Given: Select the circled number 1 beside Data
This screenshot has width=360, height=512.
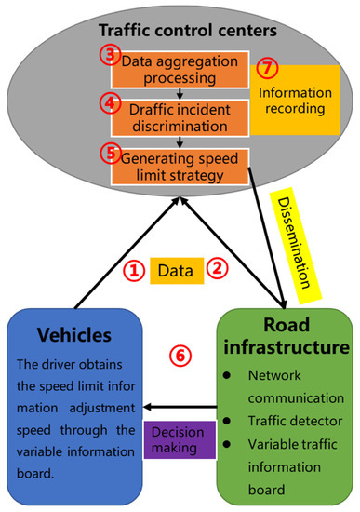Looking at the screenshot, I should pos(134,271).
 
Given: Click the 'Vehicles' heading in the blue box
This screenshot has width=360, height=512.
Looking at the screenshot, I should pos(75,334).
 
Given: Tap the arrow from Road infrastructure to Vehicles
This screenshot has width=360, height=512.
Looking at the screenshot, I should pos(185,407).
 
